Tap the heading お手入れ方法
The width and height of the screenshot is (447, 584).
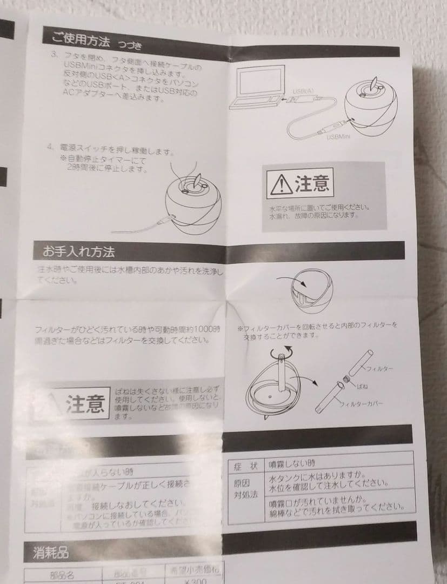pyautogui.click(x=78, y=251)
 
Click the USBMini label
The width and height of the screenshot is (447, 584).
pyautogui.click(x=339, y=137)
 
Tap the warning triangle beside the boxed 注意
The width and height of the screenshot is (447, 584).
pyautogui.click(x=281, y=185)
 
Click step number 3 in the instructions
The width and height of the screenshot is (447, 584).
pyautogui.click(x=54, y=55)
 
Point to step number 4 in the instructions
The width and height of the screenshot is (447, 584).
pyautogui.click(x=50, y=147)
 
